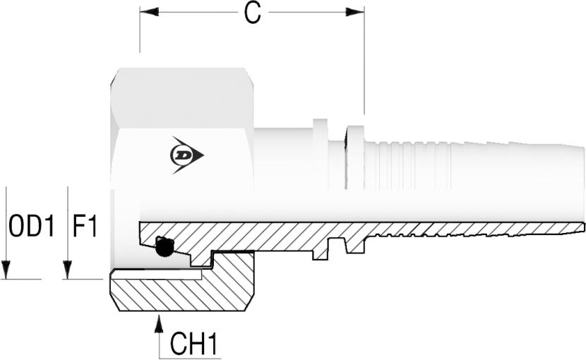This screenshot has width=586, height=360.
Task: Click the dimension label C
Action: (x=252, y=13)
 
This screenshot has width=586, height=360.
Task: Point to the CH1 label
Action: (x=193, y=344)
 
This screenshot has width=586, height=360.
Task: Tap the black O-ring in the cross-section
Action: (x=165, y=246)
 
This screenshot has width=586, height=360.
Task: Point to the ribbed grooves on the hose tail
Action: (x=409, y=166)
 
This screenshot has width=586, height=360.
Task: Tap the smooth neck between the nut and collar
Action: (x=282, y=162)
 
